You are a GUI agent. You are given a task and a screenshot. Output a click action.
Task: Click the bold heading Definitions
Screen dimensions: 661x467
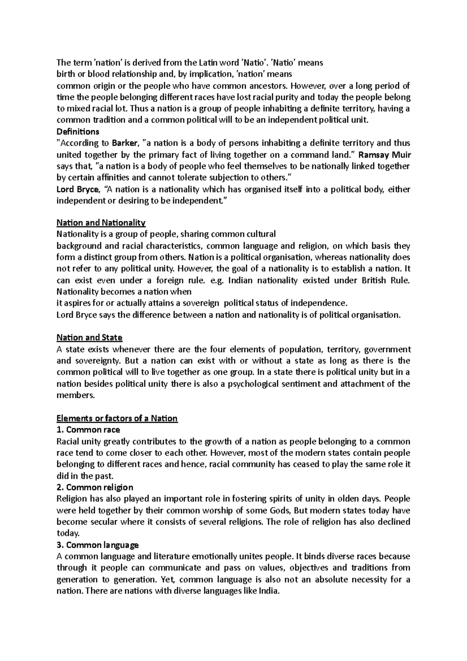pos(78,131)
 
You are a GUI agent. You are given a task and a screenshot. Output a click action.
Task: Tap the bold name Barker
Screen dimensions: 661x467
pos(125,143)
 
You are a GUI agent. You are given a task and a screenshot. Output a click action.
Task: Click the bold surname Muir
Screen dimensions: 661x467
pos(402,155)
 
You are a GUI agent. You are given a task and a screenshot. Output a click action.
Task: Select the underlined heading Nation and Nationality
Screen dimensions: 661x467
pos(101,223)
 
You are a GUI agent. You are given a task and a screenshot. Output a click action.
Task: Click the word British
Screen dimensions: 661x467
pos(374,280)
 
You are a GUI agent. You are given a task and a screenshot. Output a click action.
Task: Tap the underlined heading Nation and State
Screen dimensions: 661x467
pos(90,338)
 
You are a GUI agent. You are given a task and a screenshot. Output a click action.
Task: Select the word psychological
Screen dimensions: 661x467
pos(253,384)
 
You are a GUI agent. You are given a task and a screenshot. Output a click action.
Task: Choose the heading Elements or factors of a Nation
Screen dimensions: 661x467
pos(117,418)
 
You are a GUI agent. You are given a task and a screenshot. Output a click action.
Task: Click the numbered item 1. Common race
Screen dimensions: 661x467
pos(88,430)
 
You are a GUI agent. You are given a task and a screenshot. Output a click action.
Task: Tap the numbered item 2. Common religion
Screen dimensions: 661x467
pos(95,487)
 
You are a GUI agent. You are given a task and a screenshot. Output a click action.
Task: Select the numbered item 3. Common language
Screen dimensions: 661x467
pos(98,545)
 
